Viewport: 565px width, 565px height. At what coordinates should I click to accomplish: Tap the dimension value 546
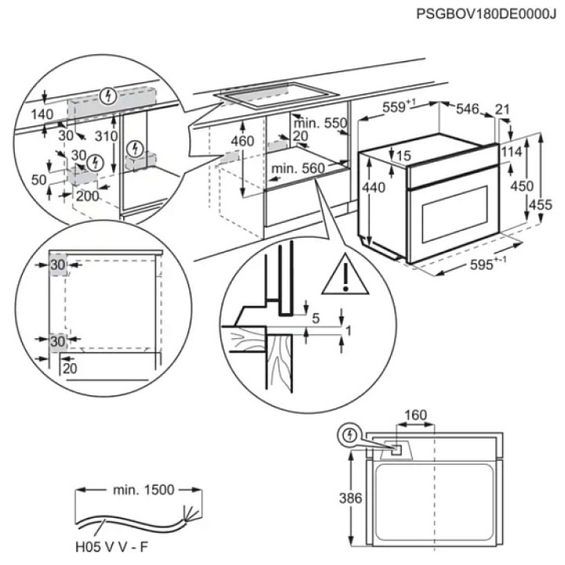468,109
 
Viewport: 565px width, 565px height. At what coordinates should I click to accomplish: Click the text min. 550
320,123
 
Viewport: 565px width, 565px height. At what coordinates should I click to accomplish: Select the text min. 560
297,169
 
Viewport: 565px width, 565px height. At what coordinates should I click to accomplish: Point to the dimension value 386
335,498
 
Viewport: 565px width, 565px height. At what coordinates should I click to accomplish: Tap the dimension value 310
105,136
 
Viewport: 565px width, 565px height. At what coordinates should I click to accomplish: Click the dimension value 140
43,115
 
